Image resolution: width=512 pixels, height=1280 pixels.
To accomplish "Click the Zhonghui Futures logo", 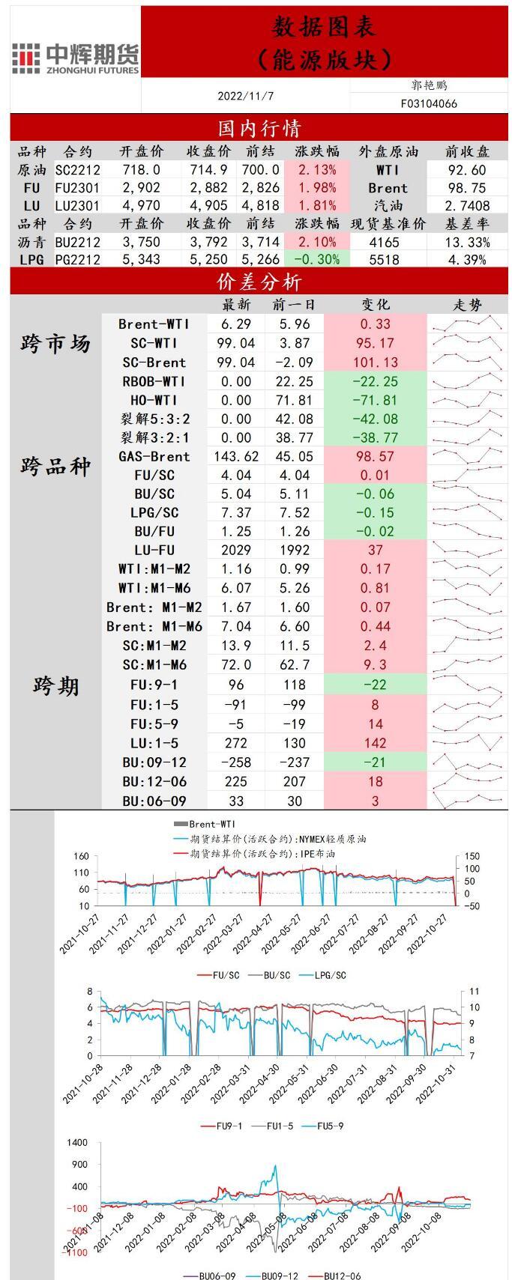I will click(x=75, y=58).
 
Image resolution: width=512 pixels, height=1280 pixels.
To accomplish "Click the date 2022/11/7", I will click(x=246, y=97).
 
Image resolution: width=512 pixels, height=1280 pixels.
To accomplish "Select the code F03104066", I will click(x=429, y=104).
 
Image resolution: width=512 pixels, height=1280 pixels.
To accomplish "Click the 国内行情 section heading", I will click(x=259, y=129).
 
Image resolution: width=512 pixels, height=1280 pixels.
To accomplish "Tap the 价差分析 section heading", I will click(x=259, y=282).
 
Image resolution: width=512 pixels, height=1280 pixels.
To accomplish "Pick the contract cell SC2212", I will click(x=77, y=170).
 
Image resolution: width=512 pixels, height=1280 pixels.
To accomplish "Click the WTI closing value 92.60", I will click(x=466, y=170).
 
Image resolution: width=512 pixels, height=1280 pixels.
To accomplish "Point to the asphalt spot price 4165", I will click(x=385, y=242).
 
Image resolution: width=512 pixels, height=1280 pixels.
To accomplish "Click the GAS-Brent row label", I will click(x=154, y=456).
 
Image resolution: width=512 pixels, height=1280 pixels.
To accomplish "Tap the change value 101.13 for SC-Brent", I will click(x=375, y=362).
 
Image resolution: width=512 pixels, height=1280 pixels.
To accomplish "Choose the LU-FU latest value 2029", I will click(x=236, y=550).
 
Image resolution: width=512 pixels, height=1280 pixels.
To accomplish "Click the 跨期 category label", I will click(x=55, y=685).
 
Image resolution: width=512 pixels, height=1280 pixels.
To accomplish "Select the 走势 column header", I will click(x=468, y=305).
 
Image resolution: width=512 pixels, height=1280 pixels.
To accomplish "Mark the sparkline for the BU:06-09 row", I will click(x=468, y=801).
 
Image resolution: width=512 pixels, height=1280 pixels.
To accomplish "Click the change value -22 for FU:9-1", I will click(x=375, y=685).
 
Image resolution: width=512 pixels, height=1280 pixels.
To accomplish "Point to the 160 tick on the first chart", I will click(x=81, y=856).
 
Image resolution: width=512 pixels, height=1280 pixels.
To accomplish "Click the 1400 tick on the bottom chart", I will click(x=77, y=1143).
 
